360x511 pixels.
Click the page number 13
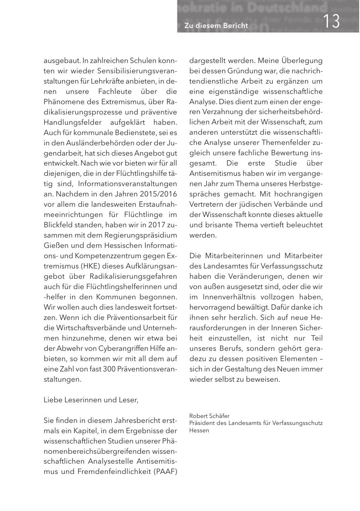click(x=331, y=21)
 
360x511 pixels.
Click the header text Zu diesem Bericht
click(x=216, y=26)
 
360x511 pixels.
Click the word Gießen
click(x=54, y=245)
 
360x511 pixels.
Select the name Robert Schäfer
click(x=209, y=416)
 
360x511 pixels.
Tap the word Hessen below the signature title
click(x=199, y=430)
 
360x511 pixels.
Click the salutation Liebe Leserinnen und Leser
click(x=91, y=400)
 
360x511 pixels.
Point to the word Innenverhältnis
click(x=232, y=297)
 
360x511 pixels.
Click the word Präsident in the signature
click(x=202, y=423)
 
